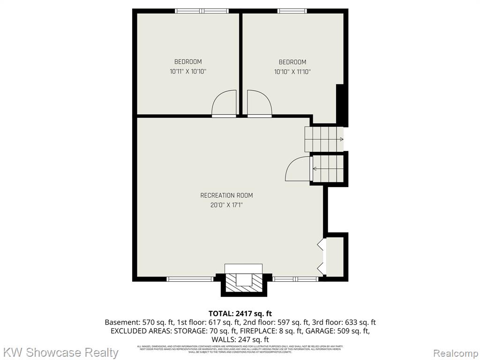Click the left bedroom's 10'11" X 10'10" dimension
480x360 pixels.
pyautogui.click(x=188, y=72)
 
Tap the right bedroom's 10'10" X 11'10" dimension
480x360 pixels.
pyautogui.click(x=292, y=72)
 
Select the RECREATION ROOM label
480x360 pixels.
pyautogui.click(x=226, y=195)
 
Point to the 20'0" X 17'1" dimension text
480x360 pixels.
pyautogui.click(x=226, y=205)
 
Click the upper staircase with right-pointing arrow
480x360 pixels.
pyautogui.click(x=324, y=139)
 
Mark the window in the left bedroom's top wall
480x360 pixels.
pyautogui.click(x=202, y=11)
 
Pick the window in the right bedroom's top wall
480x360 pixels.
pyautogui.click(x=292, y=11)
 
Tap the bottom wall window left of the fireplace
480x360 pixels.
pyautogui.click(x=190, y=279)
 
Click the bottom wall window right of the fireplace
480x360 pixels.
pyautogui.click(x=296, y=279)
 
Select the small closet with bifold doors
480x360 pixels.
pyautogui.click(x=335, y=256)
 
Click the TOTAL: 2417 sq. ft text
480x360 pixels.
pyautogui.click(x=240, y=314)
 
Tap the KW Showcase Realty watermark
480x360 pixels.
pyautogui.click(x=60, y=352)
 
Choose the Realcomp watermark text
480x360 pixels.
pyautogui.click(x=455, y=352)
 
